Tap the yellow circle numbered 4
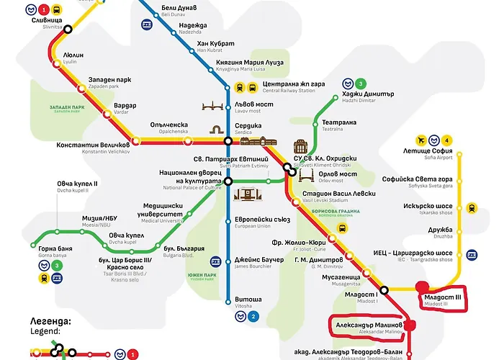(x=447, y=140)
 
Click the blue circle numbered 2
(x=253, y=316)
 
